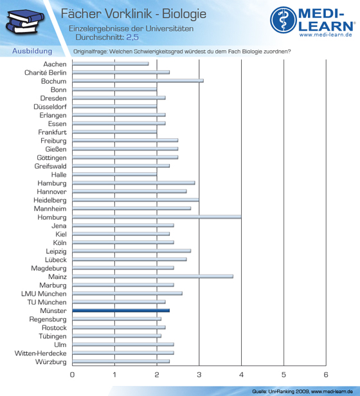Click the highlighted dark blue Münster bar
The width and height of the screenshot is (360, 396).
121,310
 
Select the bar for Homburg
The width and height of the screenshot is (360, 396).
157,217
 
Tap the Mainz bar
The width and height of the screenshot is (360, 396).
153,276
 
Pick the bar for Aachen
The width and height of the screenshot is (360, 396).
111,64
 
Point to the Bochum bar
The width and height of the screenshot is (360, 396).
138,81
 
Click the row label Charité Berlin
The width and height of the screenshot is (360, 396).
46,73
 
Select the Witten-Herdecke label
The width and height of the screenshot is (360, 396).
40,354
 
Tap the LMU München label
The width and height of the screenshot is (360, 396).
44,294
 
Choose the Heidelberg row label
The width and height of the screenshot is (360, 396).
50,201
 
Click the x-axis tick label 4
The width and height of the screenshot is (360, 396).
241,375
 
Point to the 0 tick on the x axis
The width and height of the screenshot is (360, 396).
72,375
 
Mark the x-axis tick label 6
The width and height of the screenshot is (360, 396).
326,375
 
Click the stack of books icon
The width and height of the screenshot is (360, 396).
24,21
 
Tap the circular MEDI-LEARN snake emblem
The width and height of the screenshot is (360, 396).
283,20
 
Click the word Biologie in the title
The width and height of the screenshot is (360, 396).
184,14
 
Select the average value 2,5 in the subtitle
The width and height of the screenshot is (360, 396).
132,37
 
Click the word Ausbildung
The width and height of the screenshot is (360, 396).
32,51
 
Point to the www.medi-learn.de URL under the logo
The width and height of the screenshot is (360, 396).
326,35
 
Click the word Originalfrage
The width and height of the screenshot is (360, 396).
90,51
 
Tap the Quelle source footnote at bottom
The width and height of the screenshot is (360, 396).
302,392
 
